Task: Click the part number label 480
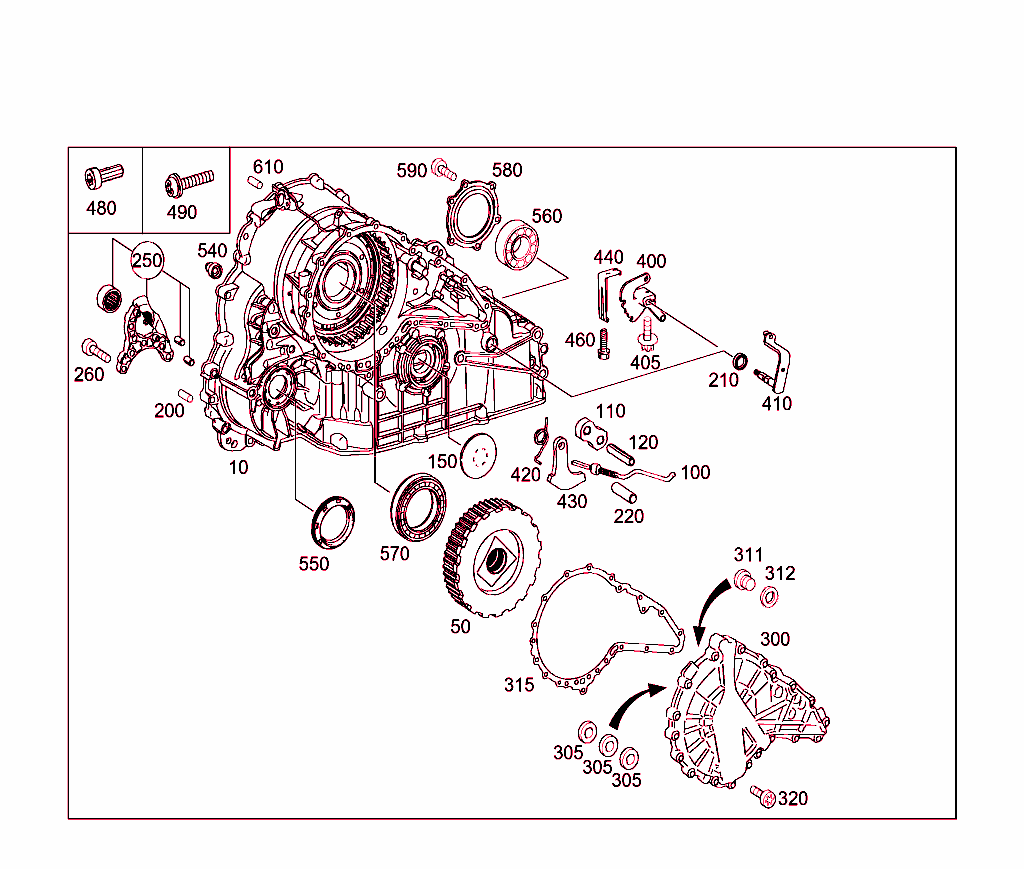[101, 208]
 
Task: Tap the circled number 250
[148, 259]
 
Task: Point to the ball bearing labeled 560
[520, 245]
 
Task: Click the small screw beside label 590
[444, 171]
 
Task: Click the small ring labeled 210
[739, 359]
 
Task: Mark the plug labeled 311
[742, 579]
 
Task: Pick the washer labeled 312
[769, 597]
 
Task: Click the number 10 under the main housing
[238, 467]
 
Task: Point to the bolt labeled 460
[604, 345]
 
